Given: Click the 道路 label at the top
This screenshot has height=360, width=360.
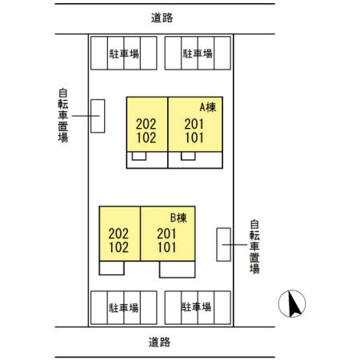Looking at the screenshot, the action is (162, 18).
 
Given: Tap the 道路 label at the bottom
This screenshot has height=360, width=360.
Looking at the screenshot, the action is (159, 342).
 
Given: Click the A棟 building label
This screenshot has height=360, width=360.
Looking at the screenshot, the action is (208, 107).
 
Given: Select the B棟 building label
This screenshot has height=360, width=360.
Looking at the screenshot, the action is (178, 218).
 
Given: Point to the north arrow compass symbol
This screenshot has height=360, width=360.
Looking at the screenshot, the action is (292, 303).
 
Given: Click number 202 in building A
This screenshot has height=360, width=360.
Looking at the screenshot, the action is (146, 124).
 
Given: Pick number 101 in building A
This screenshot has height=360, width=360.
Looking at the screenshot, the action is (194, 138).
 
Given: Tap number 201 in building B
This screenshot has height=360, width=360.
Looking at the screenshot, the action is (166, 234).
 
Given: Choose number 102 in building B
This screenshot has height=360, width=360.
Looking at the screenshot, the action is (118, 247).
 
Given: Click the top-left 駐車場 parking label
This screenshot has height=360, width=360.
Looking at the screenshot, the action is (124, 54).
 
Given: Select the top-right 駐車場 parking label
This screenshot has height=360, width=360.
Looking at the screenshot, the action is (198, 54).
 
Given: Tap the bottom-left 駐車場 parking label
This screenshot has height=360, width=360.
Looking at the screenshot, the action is (124, 308).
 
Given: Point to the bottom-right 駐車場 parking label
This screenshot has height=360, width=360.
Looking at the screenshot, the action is (196, 307).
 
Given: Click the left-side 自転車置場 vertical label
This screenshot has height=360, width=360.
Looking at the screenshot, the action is (63, 115).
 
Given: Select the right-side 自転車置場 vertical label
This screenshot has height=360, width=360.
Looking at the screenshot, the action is (254, 246).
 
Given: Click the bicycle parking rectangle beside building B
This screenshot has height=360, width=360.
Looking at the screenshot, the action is (223, 245).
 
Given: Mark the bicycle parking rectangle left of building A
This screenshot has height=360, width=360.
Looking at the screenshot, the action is (98, 116).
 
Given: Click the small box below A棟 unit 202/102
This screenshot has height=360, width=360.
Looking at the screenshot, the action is (139, 156).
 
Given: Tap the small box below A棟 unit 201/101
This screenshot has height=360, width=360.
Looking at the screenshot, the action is (188, 156).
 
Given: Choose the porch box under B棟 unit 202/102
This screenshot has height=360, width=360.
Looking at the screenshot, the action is (111, 268).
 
